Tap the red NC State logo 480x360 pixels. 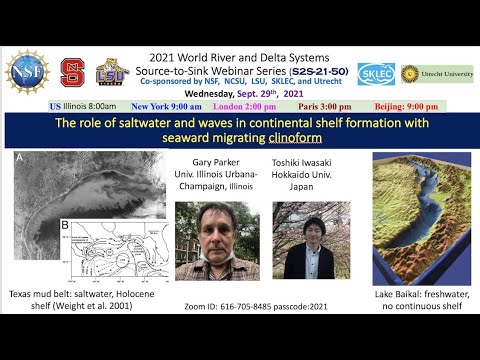[x=72, y=71]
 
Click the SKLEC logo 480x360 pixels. [x=376, y=74]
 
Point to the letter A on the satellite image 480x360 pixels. [x=21, y=158]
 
